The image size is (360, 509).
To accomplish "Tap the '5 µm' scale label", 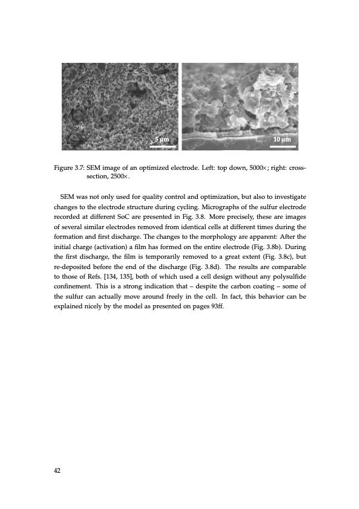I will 162,140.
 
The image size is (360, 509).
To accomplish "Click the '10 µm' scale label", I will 283,140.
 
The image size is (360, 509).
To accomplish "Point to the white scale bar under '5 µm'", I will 163,146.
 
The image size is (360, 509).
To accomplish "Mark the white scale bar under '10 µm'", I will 283,146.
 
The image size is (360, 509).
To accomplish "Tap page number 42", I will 57,469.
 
